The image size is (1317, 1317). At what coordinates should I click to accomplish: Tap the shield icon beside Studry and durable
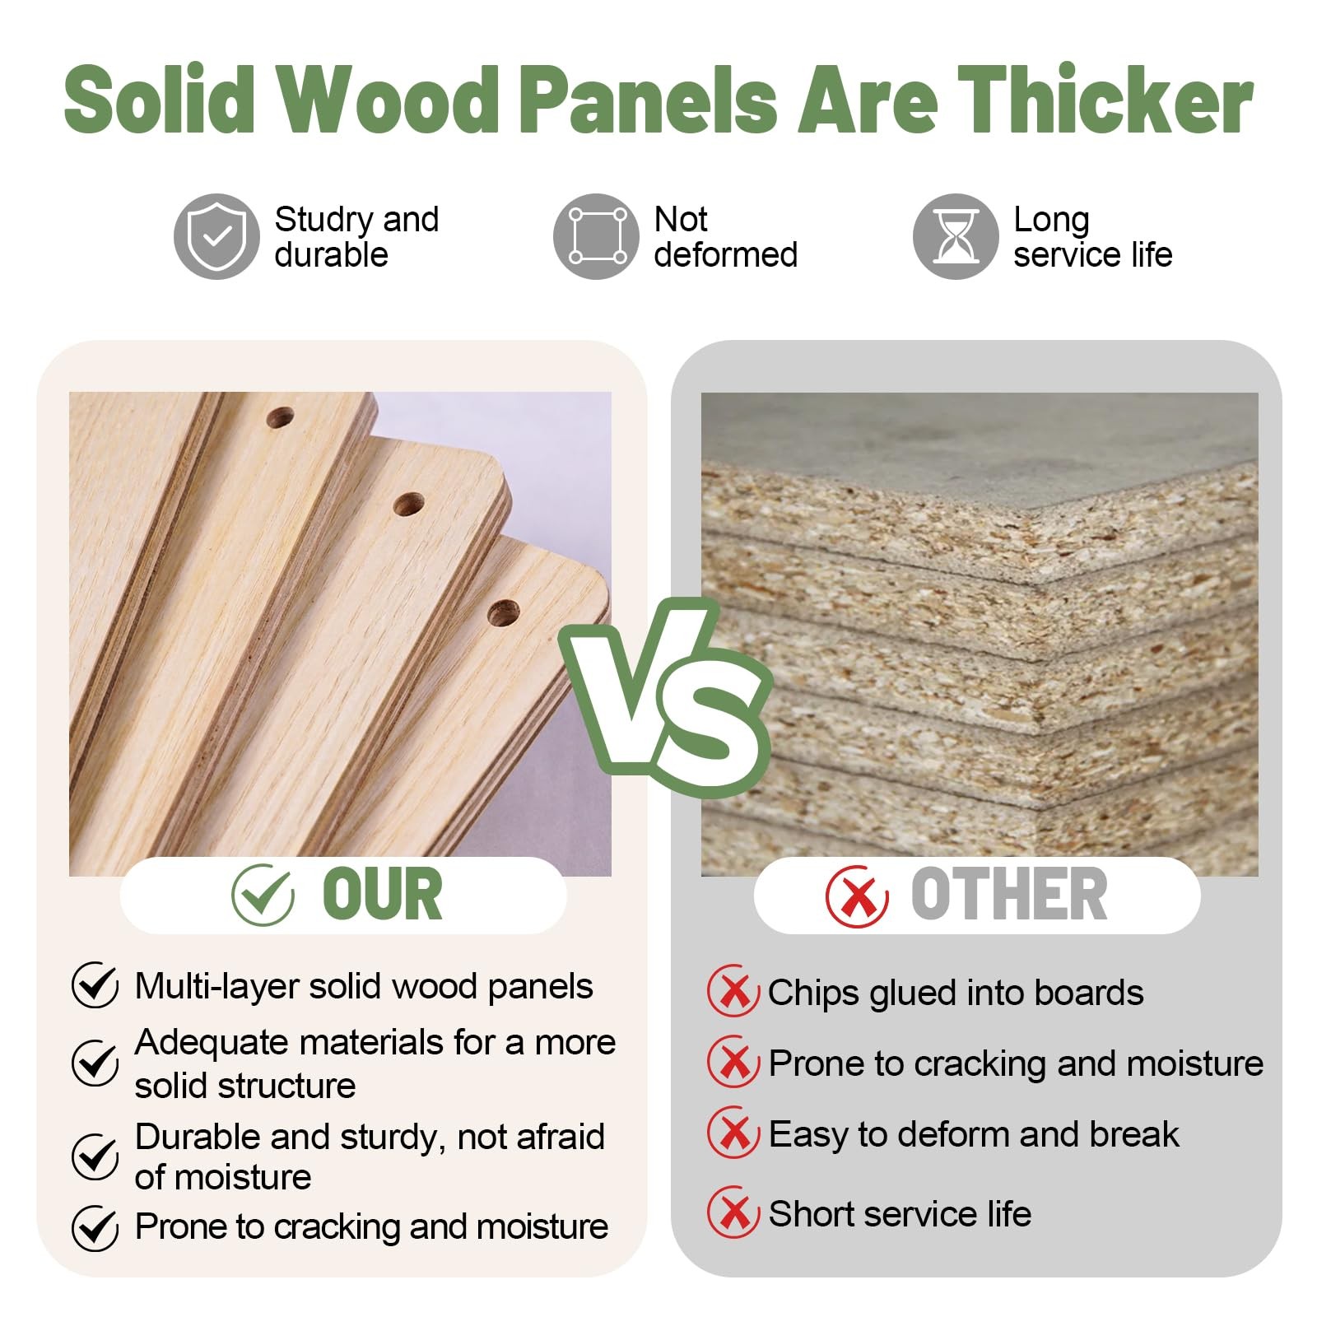point(216,237)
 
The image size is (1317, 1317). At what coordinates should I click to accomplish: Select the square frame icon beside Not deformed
point(597,237)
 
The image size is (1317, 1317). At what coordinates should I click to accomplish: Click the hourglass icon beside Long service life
point(956,237)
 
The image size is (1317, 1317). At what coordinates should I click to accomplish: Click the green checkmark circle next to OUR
point(263,896)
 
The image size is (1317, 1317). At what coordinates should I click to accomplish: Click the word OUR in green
point(382,895)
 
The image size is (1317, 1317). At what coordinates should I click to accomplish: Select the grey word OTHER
point(1009,895)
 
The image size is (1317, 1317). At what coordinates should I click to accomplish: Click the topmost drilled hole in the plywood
point(280,418)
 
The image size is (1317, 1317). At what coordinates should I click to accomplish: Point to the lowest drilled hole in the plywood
point(503,613)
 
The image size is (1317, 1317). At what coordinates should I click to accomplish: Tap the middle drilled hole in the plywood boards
point(408,504)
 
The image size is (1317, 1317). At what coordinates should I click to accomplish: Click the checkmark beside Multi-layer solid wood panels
point(95,985)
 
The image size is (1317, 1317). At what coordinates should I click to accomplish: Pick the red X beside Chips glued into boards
point(733,992)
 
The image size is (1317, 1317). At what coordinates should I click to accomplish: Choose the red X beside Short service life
point(733,1212)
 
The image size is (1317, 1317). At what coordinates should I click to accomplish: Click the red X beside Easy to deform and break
point(733,1133)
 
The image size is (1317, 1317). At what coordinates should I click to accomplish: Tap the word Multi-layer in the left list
point(216,987)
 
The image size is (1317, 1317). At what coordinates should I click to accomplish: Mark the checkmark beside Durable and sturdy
point(95,1156)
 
